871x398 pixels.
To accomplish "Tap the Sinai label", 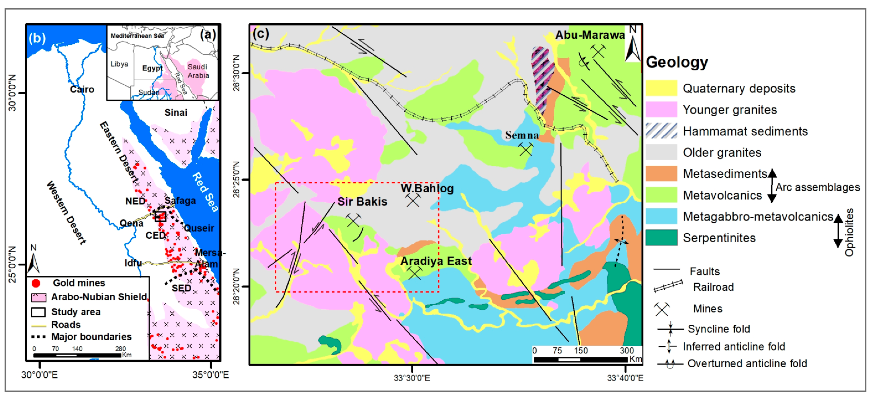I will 176,113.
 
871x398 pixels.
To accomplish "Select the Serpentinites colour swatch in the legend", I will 661,237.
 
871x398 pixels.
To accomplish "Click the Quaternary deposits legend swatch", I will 661,88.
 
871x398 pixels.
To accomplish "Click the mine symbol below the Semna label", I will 525,149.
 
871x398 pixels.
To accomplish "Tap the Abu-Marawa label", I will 590,35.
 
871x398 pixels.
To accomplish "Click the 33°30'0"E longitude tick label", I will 412,378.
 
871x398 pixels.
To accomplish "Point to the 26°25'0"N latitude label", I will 237,179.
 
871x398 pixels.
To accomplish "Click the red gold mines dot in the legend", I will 36,283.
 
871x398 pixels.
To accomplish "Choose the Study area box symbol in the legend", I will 38,311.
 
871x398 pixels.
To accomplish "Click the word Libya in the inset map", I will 119,64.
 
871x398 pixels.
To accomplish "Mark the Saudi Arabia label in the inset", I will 198,71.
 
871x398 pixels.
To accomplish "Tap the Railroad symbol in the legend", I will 668,286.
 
